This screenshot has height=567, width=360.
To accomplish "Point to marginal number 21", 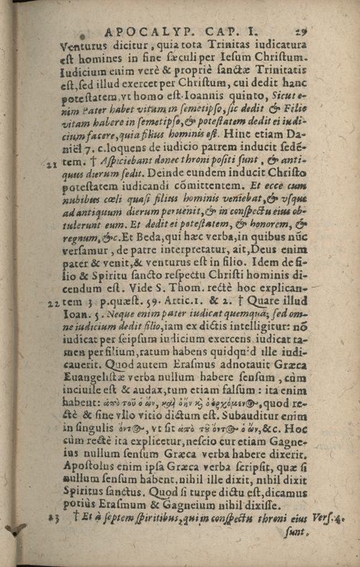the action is pyautogui.click(x=51, y=165).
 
